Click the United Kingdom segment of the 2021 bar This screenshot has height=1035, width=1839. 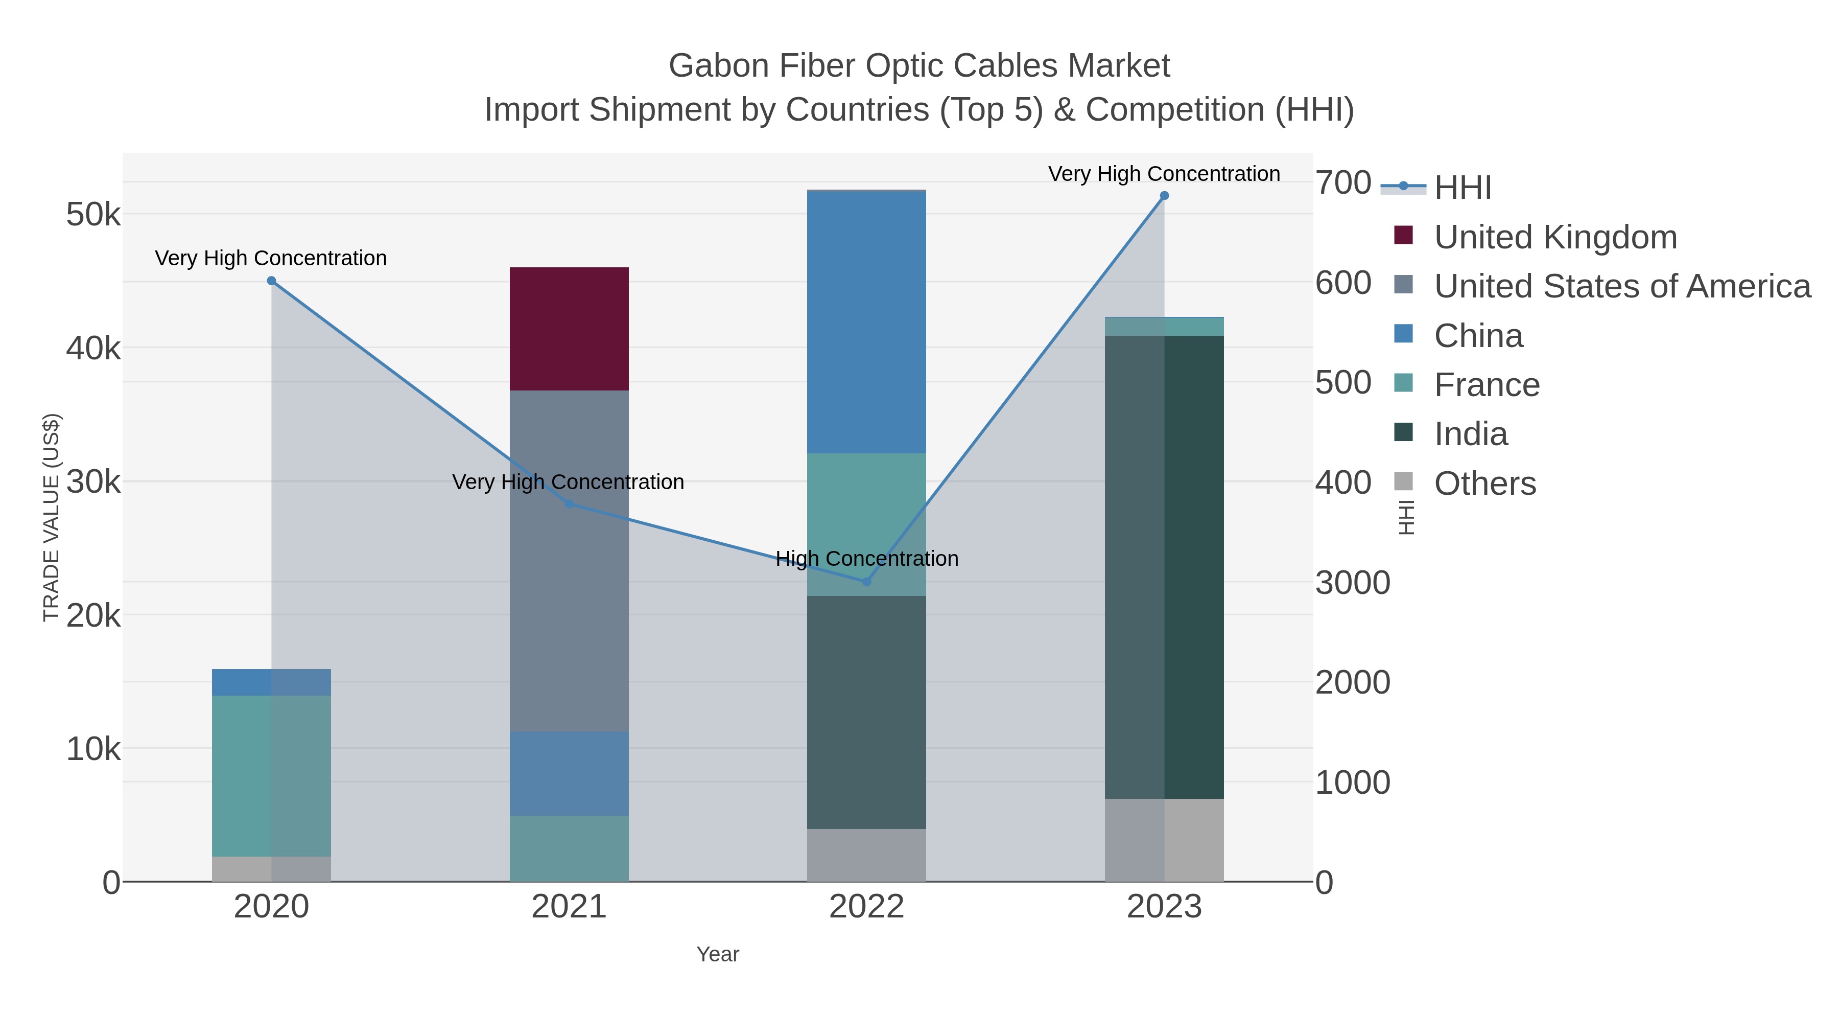tap(569, 329)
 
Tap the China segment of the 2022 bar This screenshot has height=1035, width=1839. tap(866, 321)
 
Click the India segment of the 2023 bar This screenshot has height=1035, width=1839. tap(1164, 566)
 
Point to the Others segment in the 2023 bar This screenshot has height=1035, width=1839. tap(1164, 839)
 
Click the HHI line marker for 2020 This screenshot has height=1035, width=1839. tap(271, 281)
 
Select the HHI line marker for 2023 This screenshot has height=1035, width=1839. tap(1164, 196)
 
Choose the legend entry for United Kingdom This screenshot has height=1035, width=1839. tap(1555, 237)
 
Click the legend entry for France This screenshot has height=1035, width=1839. tap(1487, 385)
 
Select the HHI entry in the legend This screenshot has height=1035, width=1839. tap(1462, 188)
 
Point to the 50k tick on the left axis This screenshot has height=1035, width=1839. tap(93, 214)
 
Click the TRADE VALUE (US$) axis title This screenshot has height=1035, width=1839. tap(52, 517)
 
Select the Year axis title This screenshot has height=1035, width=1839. tap(718, 954)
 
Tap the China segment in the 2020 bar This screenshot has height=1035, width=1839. tap(271, 682)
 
